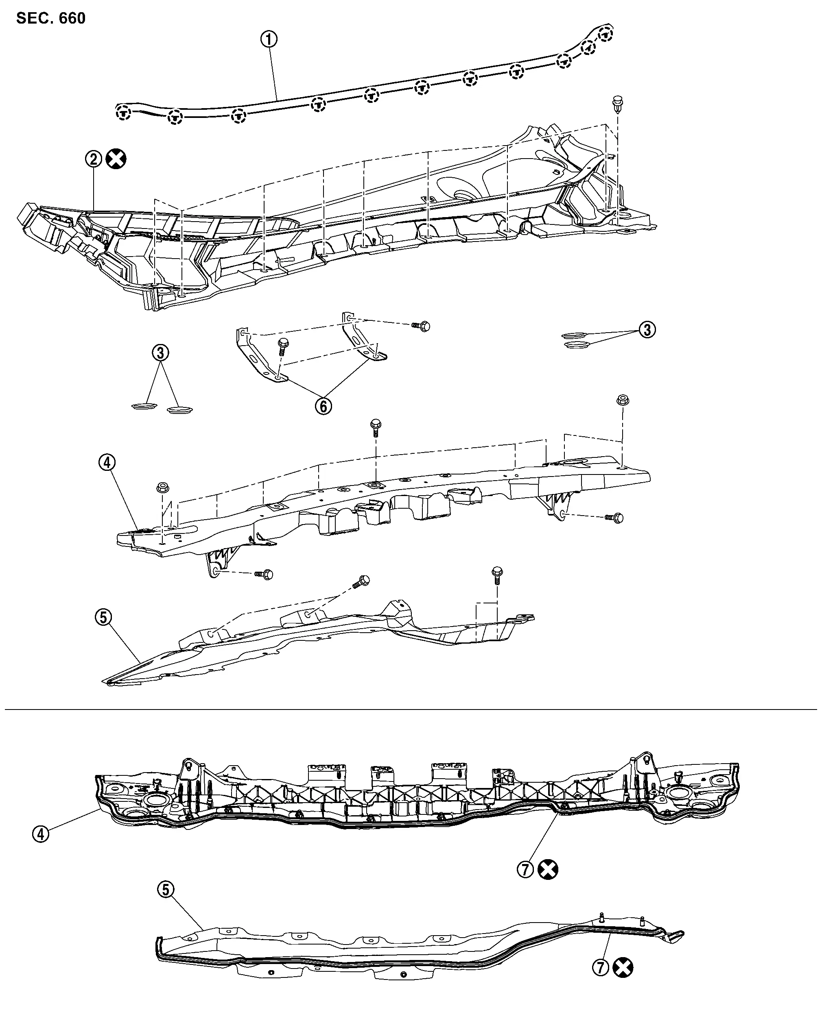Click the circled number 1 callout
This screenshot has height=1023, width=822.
[x=269, y=39]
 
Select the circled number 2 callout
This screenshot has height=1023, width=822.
[x=94, y=159]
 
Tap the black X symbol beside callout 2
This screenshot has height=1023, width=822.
[x=116, y=159]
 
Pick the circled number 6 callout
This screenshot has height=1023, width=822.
[x=324, y=406]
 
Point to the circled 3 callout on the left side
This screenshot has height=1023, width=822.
[x=160, y=353]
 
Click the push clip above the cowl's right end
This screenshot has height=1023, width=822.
[x=618, y=105]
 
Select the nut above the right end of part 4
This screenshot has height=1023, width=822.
[x=623, y=400]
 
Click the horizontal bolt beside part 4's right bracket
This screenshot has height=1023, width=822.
[x=614, y=518]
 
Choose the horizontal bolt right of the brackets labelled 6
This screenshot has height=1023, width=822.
[x=421, y=326]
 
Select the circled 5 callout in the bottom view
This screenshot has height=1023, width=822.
[x=165, y=889]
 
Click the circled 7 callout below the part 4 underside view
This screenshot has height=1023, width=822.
[x=525, y=869]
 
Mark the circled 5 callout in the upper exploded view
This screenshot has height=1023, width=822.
[x=104, y=617]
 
